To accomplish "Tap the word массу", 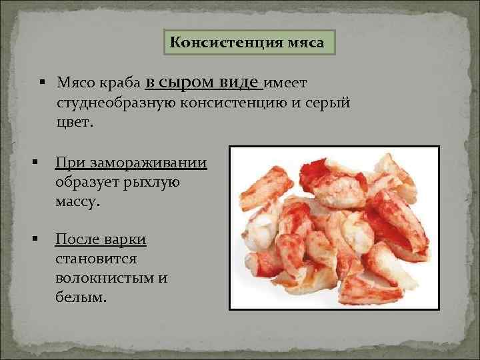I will (78, 201).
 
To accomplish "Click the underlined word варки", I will (127, 239).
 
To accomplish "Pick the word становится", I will (97, 258).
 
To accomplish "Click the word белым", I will (81, 295).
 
